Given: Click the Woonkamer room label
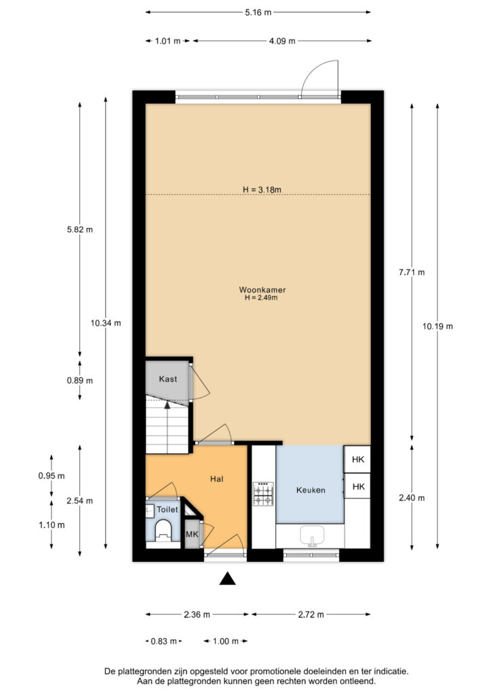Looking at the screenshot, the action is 262,290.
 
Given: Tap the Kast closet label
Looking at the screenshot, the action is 168,379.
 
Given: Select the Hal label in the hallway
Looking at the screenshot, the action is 216,478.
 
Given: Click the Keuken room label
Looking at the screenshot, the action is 311,490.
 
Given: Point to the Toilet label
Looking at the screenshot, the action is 168,510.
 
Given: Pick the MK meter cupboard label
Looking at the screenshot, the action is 192,535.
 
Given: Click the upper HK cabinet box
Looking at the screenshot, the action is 357,459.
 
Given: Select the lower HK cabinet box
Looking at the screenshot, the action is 357,486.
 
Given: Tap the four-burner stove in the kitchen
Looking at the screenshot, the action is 263,494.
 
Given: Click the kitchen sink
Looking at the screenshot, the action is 312,536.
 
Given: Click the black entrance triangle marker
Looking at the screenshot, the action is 227,578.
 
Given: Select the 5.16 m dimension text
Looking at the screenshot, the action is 258,12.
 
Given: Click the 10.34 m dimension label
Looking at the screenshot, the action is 106,323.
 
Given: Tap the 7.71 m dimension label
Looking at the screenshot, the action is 412,272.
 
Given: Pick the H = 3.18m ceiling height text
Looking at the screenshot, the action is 262,190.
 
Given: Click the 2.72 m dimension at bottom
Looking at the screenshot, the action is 311,614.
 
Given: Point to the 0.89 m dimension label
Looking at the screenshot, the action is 80,380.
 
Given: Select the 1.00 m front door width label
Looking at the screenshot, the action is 226,641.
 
